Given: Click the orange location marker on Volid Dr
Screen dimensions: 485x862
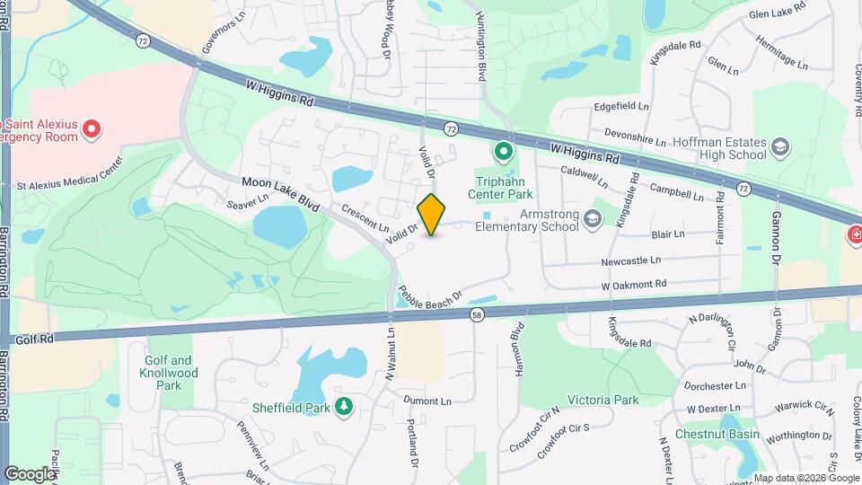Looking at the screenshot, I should coord(432,214).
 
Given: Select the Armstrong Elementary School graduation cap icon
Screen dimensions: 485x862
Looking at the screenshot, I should coord(592,217).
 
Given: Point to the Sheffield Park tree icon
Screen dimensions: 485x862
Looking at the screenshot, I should coord(343,407).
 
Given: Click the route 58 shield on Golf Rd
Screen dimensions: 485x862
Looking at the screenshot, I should coord(476,315).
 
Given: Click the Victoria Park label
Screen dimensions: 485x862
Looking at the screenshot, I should coord(603,399).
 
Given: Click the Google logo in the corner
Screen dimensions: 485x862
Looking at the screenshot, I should coord(30,473).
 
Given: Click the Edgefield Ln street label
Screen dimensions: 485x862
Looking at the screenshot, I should coord(621,106).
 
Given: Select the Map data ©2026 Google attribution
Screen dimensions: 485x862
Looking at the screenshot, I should coord(805,478).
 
